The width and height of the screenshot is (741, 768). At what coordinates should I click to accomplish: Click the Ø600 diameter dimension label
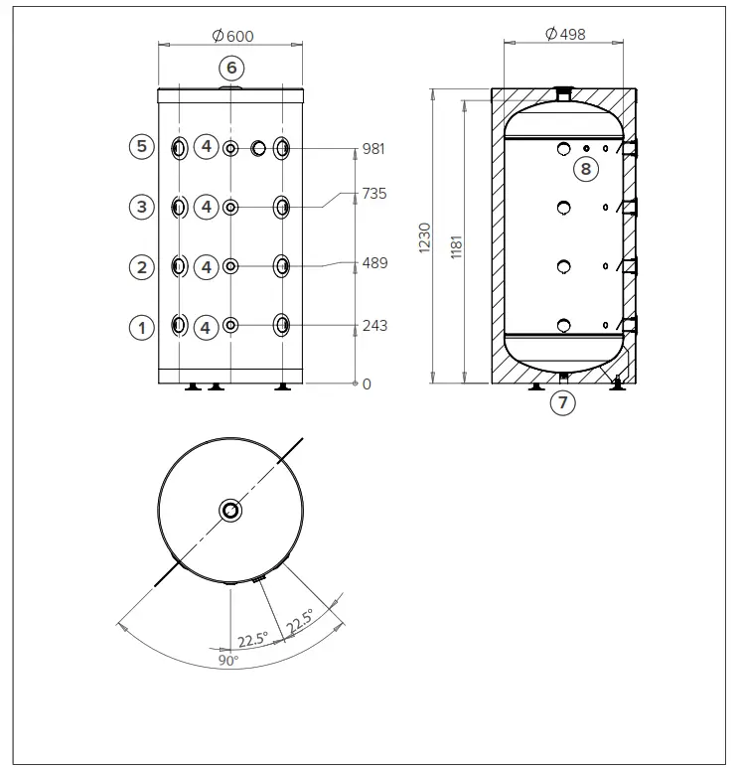[233, 36]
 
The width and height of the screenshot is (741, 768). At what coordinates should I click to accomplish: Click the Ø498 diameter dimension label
[566, 34]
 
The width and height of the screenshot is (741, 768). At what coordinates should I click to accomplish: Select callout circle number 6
[230, 68]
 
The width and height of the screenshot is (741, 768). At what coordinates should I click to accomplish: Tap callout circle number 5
[142, 147]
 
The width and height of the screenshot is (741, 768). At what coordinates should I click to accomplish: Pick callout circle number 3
[142, 207]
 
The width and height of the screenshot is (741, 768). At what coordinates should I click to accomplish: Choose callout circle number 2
[142, 266]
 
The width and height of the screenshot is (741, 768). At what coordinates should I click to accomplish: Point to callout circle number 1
[142, 326]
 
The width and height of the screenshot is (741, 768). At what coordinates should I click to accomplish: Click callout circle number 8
[585, 169]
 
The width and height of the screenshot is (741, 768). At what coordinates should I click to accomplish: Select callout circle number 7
[562, 402]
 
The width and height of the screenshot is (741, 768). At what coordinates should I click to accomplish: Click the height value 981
[373, 149]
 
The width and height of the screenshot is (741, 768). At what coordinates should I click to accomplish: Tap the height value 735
[373, 193]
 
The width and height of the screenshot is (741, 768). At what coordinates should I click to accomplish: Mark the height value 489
[373, 263]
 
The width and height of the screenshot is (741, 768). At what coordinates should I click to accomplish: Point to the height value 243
[373, 326]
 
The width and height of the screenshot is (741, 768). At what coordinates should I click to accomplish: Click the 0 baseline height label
[366, 384]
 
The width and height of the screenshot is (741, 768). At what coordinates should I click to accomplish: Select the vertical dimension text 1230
[425, 237]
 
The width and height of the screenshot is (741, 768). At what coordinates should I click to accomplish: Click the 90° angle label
[229, 660]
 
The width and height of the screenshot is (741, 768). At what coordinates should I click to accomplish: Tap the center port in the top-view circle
[230, 511]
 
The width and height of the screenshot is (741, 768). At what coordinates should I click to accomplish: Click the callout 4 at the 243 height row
[206, 326]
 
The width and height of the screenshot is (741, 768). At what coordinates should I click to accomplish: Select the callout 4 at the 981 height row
[206, 147]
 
